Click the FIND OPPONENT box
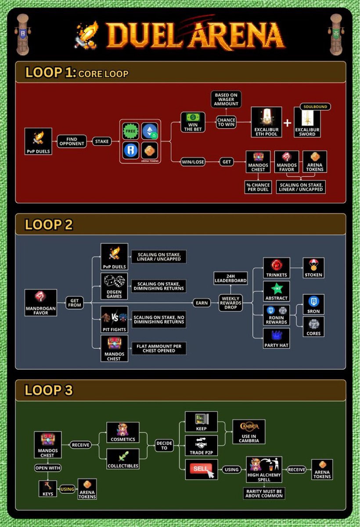[x=71, y=141]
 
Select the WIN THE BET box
[x=193, y=123]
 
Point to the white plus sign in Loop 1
[x=287, y=123]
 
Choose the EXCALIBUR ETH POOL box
[x=266, y=123]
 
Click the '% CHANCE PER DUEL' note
[x=258, y=187]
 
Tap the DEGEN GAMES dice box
[x=114, y=285]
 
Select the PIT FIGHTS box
[x=114, y=319]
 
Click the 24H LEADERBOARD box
[x=230, y=278]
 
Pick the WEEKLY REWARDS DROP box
[x=230, y=303]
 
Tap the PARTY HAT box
[x=277, y=339]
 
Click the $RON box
[x=313, y=305]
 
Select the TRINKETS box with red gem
[x=277, y=268]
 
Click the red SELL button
[x=202, y=469]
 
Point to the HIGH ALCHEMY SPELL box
[x=264, y=469]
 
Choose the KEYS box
[x=48, y=489]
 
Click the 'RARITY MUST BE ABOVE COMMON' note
[x=264, y=493]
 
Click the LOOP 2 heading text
[x=49, y=225]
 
